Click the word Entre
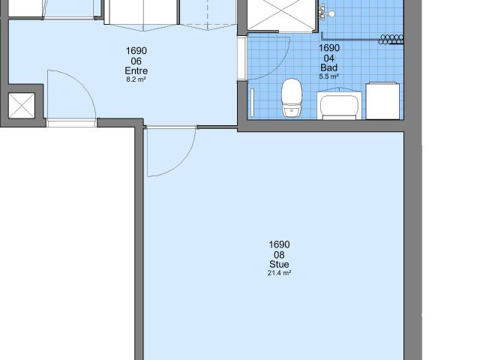136,71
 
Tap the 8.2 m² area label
136,79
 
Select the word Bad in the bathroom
328,67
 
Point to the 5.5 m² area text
328,76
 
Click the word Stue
279,264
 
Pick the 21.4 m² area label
279,273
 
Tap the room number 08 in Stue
279,255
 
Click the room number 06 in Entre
136,61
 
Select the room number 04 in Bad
328,58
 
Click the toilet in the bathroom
292,97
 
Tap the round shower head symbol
331,13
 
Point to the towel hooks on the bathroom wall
391,40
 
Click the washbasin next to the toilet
339,104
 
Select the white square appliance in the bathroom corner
382,100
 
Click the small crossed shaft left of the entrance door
22,106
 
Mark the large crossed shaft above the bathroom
280,14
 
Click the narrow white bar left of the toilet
253,103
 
